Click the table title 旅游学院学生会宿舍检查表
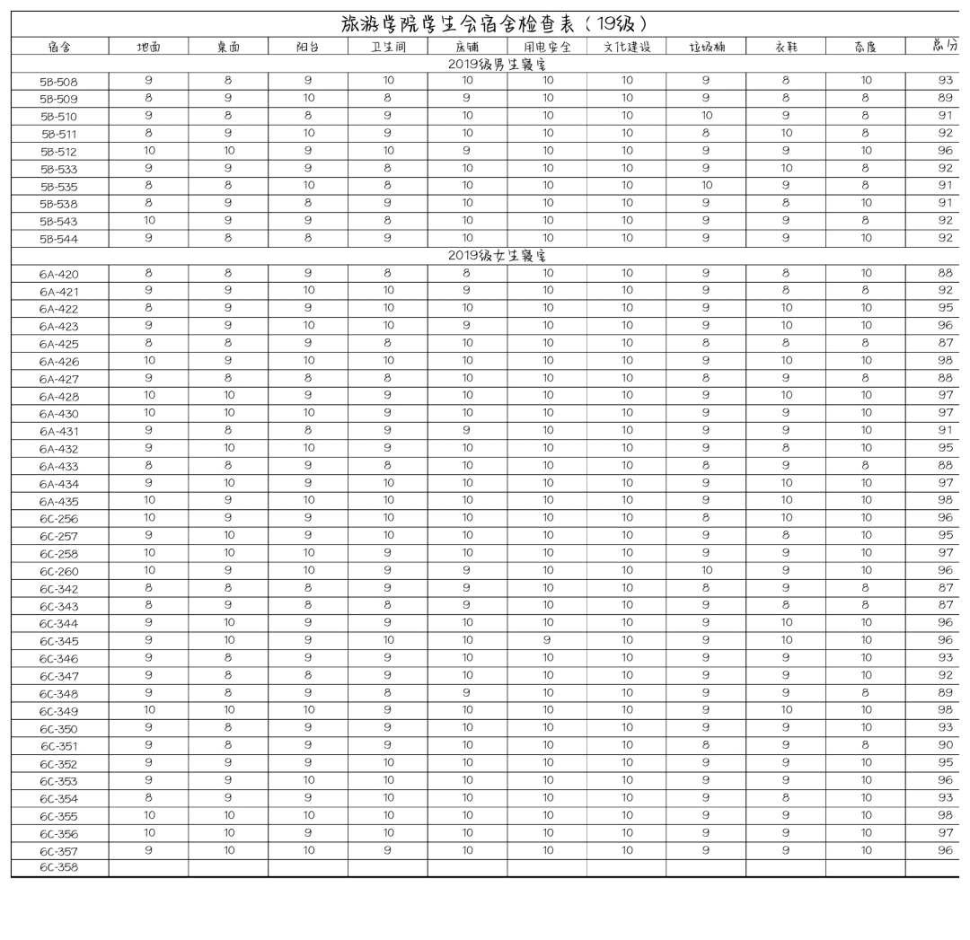click(495, 24)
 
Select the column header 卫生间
click(388, 47)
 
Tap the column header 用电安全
click(547, 47)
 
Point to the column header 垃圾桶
click(706, 47)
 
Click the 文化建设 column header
click(627, 47)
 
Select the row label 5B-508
click(59, 82)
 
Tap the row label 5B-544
click(59, 239)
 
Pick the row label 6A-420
click(59, 274)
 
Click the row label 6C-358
click(59, 868)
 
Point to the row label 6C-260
click(59, 571)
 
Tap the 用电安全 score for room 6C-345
click(547, 640)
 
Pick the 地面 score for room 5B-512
click(149, 151)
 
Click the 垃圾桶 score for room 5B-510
click(706, 116)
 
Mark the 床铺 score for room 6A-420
click(467, 273)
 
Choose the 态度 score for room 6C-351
click(866, 745)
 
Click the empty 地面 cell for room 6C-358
click(149, 868)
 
